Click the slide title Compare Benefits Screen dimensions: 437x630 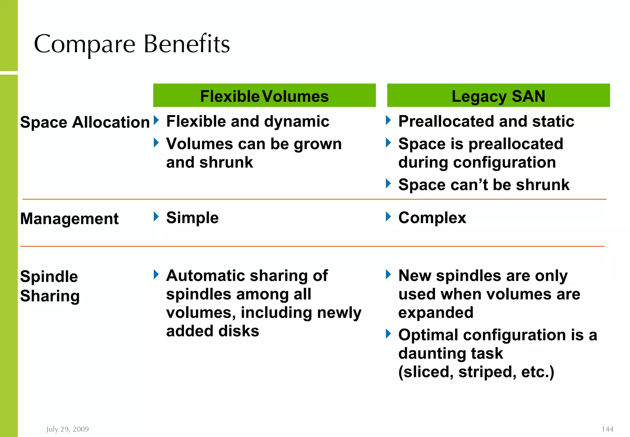[132, 44]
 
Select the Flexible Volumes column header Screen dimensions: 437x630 [264, 96]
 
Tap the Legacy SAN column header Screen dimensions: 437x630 [498, 96]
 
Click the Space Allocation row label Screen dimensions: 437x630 [85, 122]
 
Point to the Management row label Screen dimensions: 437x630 [69, 219]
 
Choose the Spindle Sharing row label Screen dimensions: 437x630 [50, 286]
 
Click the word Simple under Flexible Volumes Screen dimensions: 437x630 [192, 218]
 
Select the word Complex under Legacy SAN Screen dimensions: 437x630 [432, 218]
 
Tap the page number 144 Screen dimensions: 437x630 [607, 429]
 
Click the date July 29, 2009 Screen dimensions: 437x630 [68, 429]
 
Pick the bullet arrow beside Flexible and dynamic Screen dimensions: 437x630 [156, 120]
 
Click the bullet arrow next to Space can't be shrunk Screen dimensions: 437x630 [389, 183]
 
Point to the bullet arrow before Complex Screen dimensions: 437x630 [389, 217]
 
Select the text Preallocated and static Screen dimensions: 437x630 [486, 121]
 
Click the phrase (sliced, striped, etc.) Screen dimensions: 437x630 [476, 372]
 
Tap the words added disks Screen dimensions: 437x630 [213, 331]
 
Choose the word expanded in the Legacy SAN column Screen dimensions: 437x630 [436, 312]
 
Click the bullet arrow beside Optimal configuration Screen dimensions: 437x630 [389, 333]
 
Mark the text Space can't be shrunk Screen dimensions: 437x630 [484, 185]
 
